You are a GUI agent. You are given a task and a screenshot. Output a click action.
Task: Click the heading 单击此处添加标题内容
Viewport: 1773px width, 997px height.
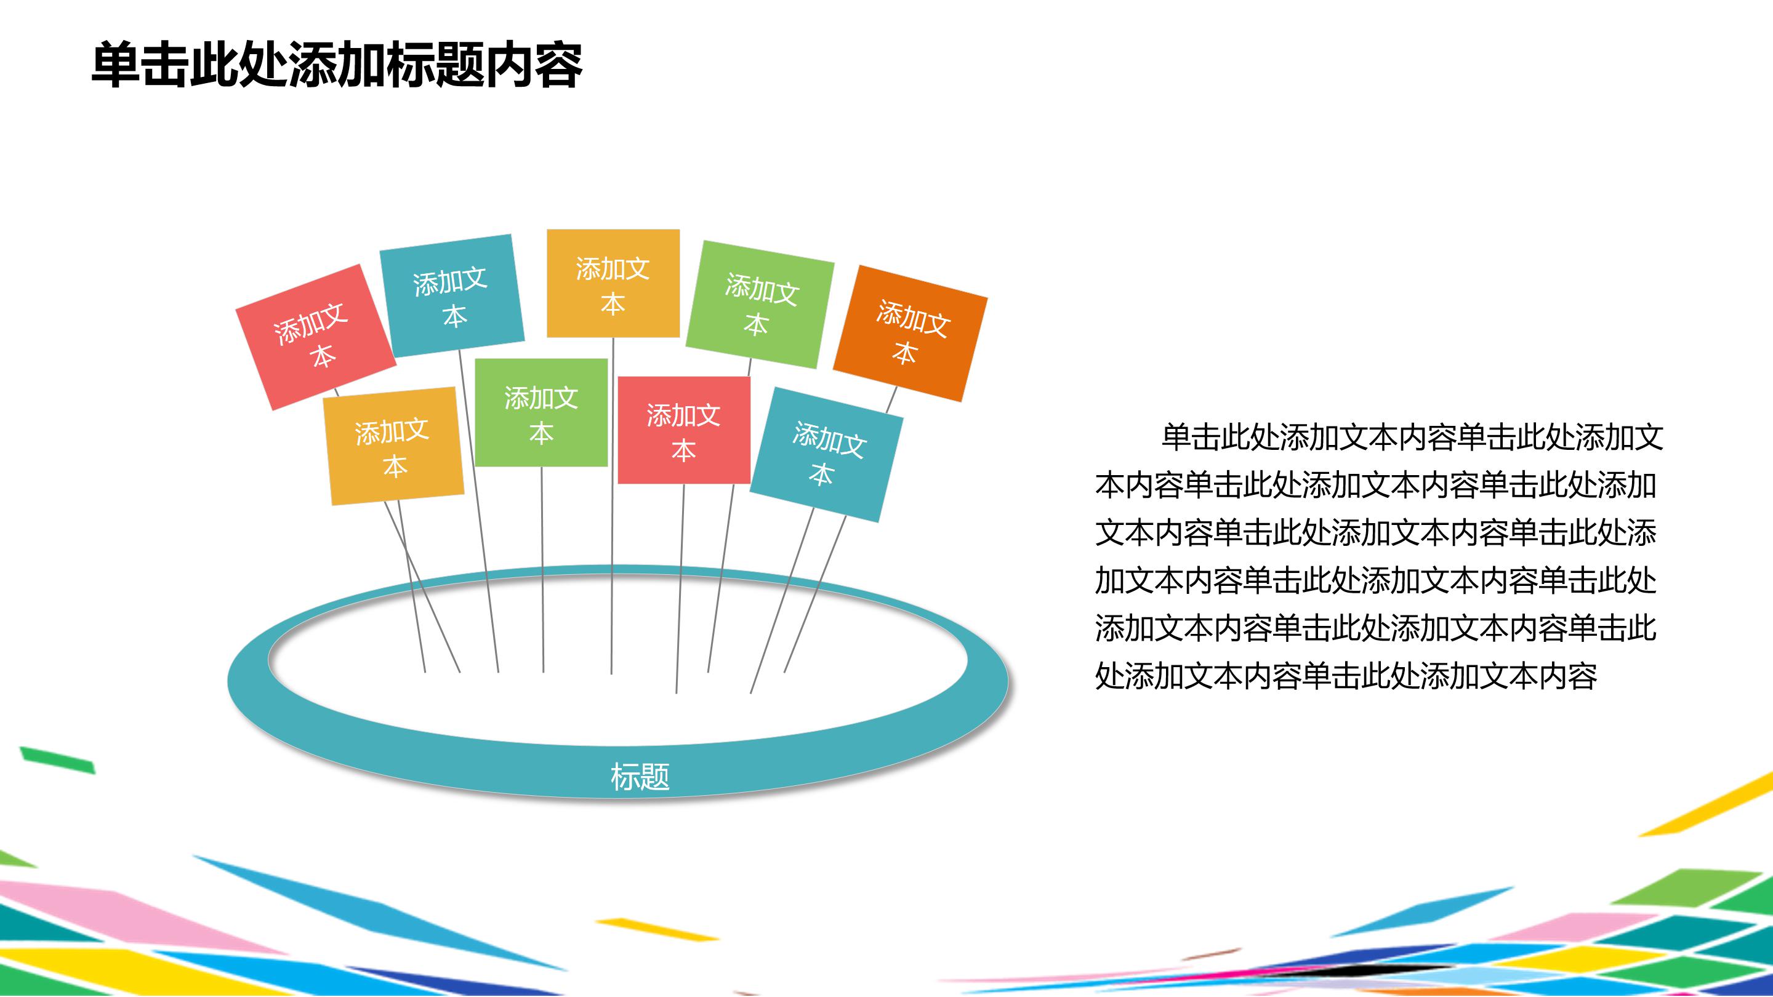click(337, 65)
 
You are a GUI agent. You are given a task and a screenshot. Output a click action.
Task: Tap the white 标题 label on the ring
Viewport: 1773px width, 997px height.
click(640, 777)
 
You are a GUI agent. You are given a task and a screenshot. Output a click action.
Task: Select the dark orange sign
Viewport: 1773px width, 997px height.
click(910, 333)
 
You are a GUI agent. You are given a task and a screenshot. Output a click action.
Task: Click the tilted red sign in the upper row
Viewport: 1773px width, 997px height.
click(315, 337)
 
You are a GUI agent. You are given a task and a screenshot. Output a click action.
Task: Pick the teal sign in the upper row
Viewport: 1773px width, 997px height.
click(451, 296)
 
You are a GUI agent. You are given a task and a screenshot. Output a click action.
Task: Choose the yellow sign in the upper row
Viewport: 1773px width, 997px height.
click(613, 284)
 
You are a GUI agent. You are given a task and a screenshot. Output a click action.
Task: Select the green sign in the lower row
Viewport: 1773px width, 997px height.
click(541, 413)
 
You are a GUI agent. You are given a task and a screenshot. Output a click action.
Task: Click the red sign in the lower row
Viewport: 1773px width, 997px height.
click(683, 431)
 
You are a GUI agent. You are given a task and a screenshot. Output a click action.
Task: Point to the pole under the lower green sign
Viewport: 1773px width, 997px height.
click(542, 571)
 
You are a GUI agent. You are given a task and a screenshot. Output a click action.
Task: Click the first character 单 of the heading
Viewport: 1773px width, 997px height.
click(115, 65)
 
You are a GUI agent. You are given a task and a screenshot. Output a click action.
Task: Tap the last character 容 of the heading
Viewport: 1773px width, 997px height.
click(558, 65)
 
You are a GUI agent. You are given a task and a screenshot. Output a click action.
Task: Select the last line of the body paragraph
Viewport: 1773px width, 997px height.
click(1346, 676)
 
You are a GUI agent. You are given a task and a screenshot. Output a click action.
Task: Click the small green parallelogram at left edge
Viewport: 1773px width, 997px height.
click(58, 759)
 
